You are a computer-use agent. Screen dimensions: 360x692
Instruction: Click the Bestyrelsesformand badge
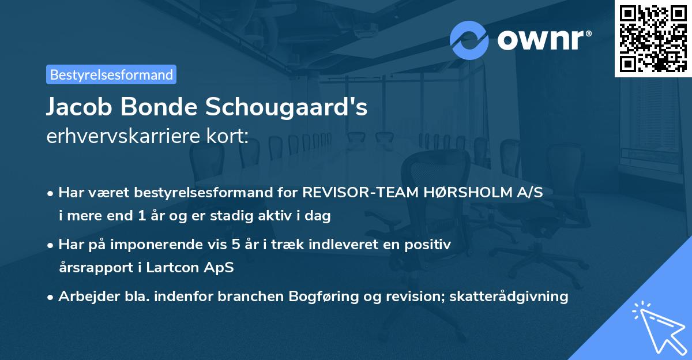(111, 74)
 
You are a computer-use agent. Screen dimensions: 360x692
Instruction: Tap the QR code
(652, 38)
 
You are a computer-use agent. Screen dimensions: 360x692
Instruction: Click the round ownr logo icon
(469, 40)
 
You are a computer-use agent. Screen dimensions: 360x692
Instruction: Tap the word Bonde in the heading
(167, 108)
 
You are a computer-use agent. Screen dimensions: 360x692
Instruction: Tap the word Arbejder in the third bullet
(84, 297)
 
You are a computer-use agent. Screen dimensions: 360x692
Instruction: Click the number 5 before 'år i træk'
(236, 245)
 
